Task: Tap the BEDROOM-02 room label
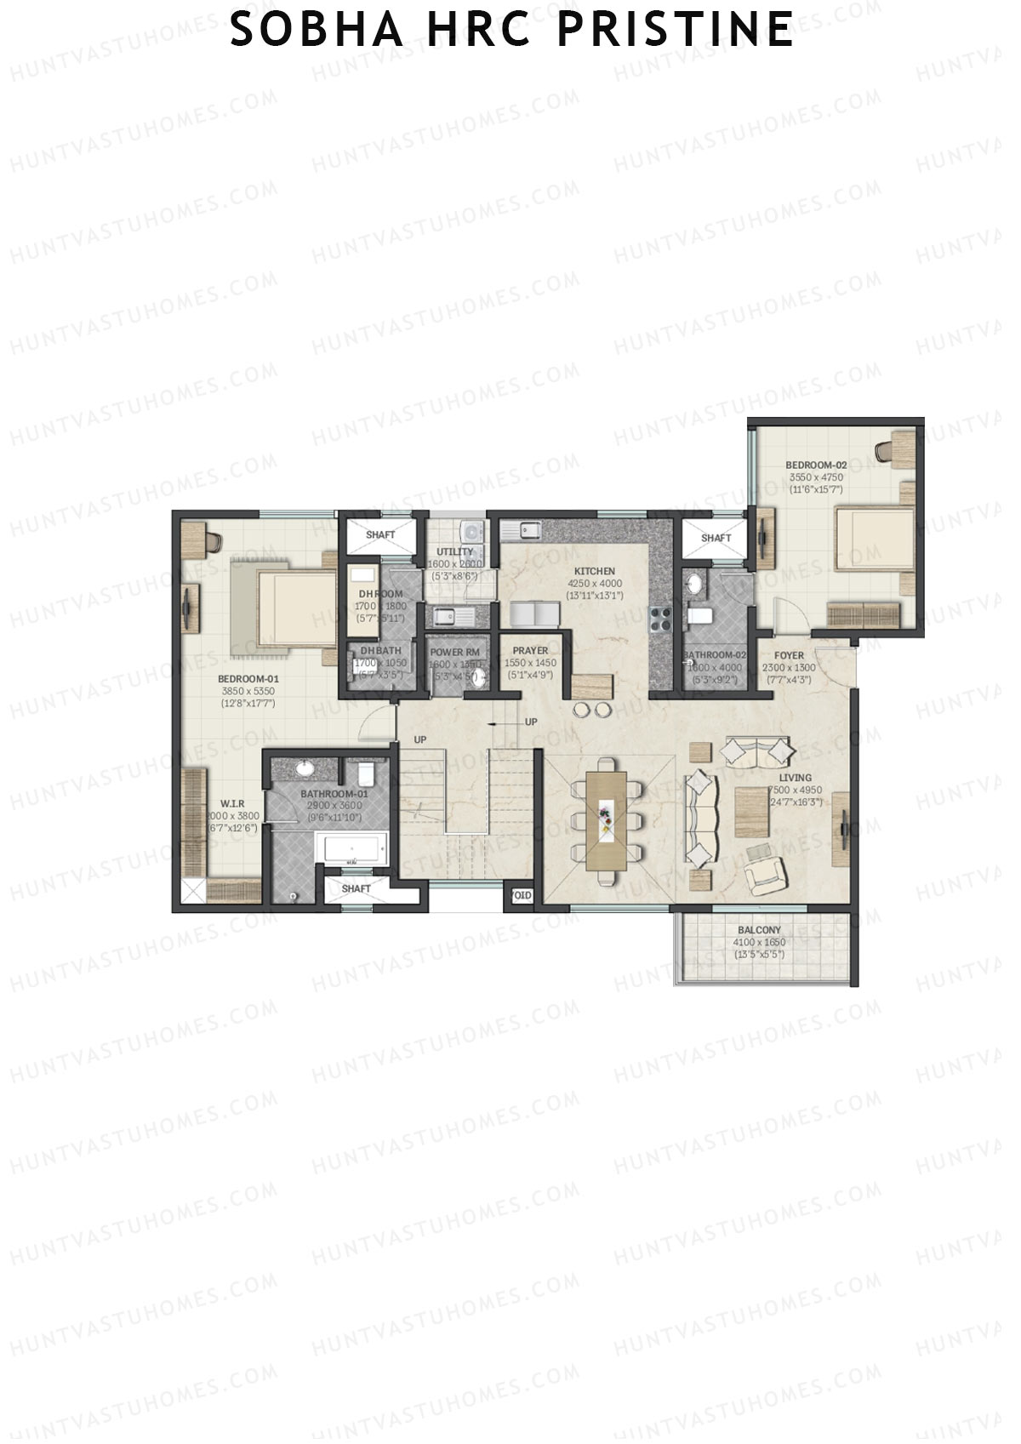click(815, 465)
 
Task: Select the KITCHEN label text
click(595, 571)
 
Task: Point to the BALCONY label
click(759, 930)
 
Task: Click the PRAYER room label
click(530, 651)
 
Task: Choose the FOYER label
click(789, 656)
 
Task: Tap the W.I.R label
click(232, 803)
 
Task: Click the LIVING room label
click(796, 778)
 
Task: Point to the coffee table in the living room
click(752, 813)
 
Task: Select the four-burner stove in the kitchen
click(661, 619)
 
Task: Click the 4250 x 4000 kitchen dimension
click(595, 584)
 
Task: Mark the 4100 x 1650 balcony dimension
click(759, 943)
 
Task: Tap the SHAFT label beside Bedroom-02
click(716, 538)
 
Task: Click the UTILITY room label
click(454, 552)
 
